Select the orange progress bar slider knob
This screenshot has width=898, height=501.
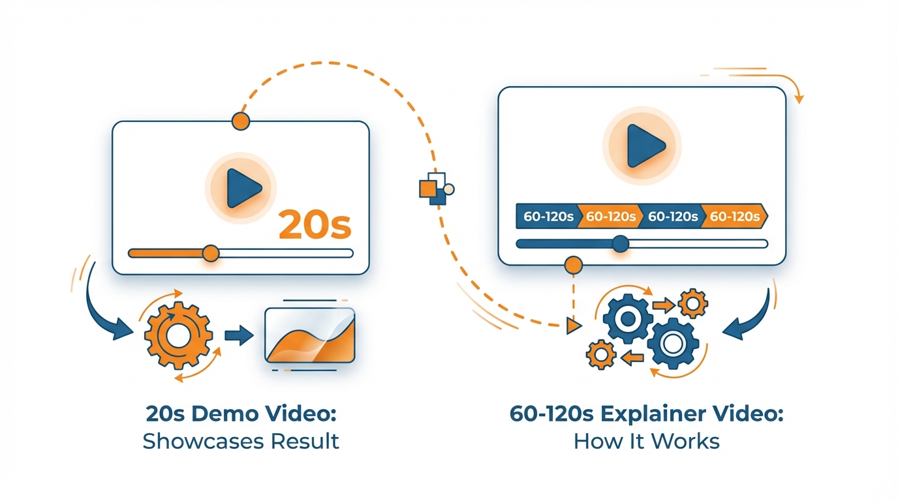pyautogui.click(x=210, y=253)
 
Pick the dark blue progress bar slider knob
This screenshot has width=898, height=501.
pyautogui.click(x=620, y=244)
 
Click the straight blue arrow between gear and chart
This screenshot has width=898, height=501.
pyautogui.click(x=239, y=336)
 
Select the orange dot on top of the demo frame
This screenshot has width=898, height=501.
pyautogui.click(x=241, y=121)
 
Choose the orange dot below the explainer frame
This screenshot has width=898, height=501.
pyautogui.click(x=573, y=264)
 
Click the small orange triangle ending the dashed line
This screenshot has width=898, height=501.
pyautogui.click(x=574, y=324)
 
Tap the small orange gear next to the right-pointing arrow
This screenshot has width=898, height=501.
pyautogui.click(x=692, y=303)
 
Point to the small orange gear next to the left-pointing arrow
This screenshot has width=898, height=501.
pyautogui.click(x=601, y=354)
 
